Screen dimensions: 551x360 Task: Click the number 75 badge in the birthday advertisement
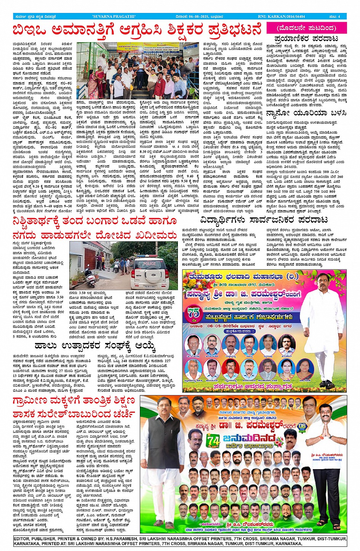(194, 314)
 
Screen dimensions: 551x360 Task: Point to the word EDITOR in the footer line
(23, 539)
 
